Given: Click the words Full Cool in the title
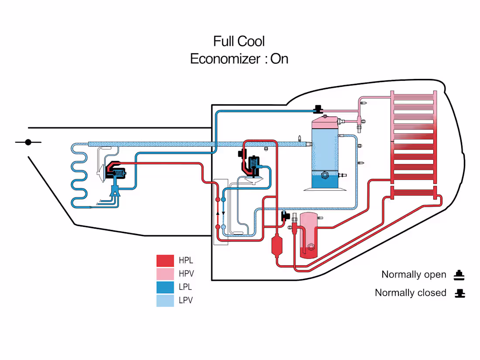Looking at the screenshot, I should tap(239, 41).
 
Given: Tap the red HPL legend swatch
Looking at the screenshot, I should tap(165, 261).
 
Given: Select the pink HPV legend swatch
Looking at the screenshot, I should tap(165, 274).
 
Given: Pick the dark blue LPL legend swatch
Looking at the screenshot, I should tap(165, 287).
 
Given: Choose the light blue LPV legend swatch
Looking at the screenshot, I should tap(165, 300).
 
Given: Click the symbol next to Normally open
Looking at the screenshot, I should tap(459, 275).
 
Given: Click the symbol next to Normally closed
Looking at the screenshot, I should tap(459, 293).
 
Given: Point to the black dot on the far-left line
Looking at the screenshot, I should tap(28, 142).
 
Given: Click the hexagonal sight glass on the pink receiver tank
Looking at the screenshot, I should tap(311, 247).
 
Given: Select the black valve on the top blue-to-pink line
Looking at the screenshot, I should tap(318, 108).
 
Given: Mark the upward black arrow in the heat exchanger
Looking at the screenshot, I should tap(217, 214).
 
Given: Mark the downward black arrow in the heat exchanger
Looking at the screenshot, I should tap(223, 213).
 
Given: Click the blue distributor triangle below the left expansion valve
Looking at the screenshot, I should tap(115, 190).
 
